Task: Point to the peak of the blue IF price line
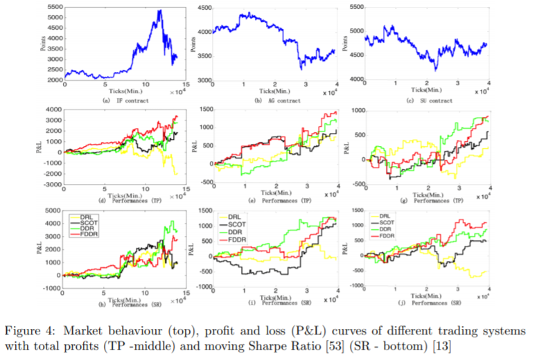[160, 10]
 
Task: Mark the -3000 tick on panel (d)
[53, 186]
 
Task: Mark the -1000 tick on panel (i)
[206, 286]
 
